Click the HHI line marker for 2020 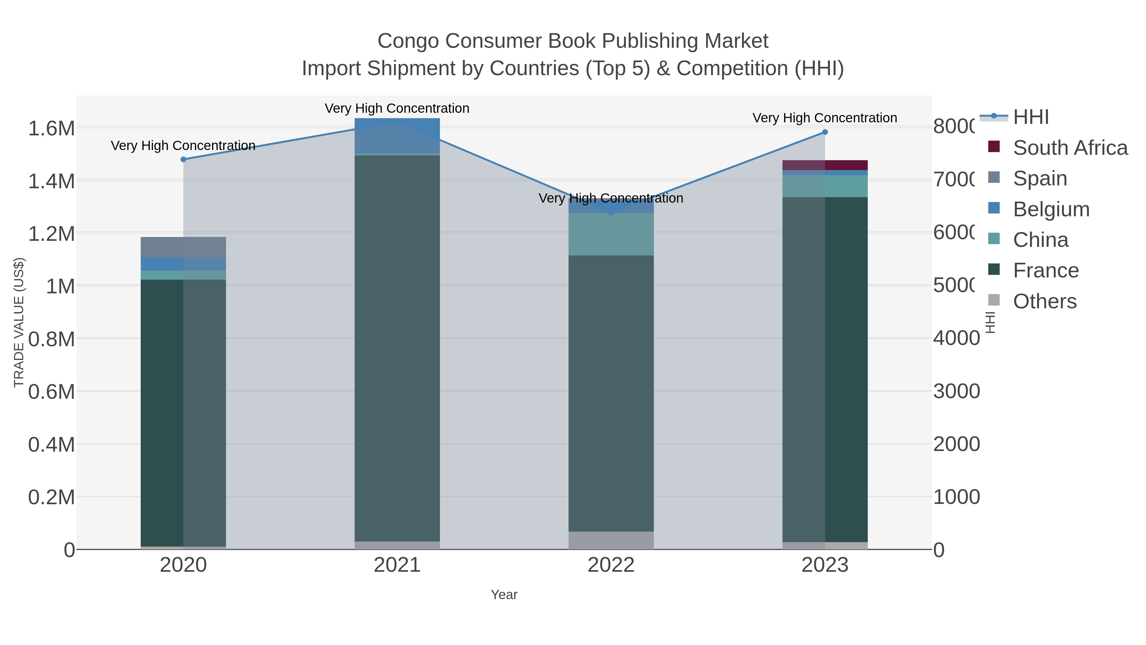tap(183, 159)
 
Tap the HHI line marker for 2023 tap(825, 132)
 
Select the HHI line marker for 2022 tap(611, 213)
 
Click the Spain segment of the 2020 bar tap(183, 247)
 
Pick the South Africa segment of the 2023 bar tap(825, 165)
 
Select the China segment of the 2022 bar tap(611, 234)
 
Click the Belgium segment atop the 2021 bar tap(397, 136)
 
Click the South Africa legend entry tap(1070, 148)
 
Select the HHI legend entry tap(1030, 117)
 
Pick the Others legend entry tap(1044, 301)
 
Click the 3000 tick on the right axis tap(956, 391)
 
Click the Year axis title tap(504, 595)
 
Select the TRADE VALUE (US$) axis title tap(19, 322)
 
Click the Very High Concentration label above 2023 tap(824, 118)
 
